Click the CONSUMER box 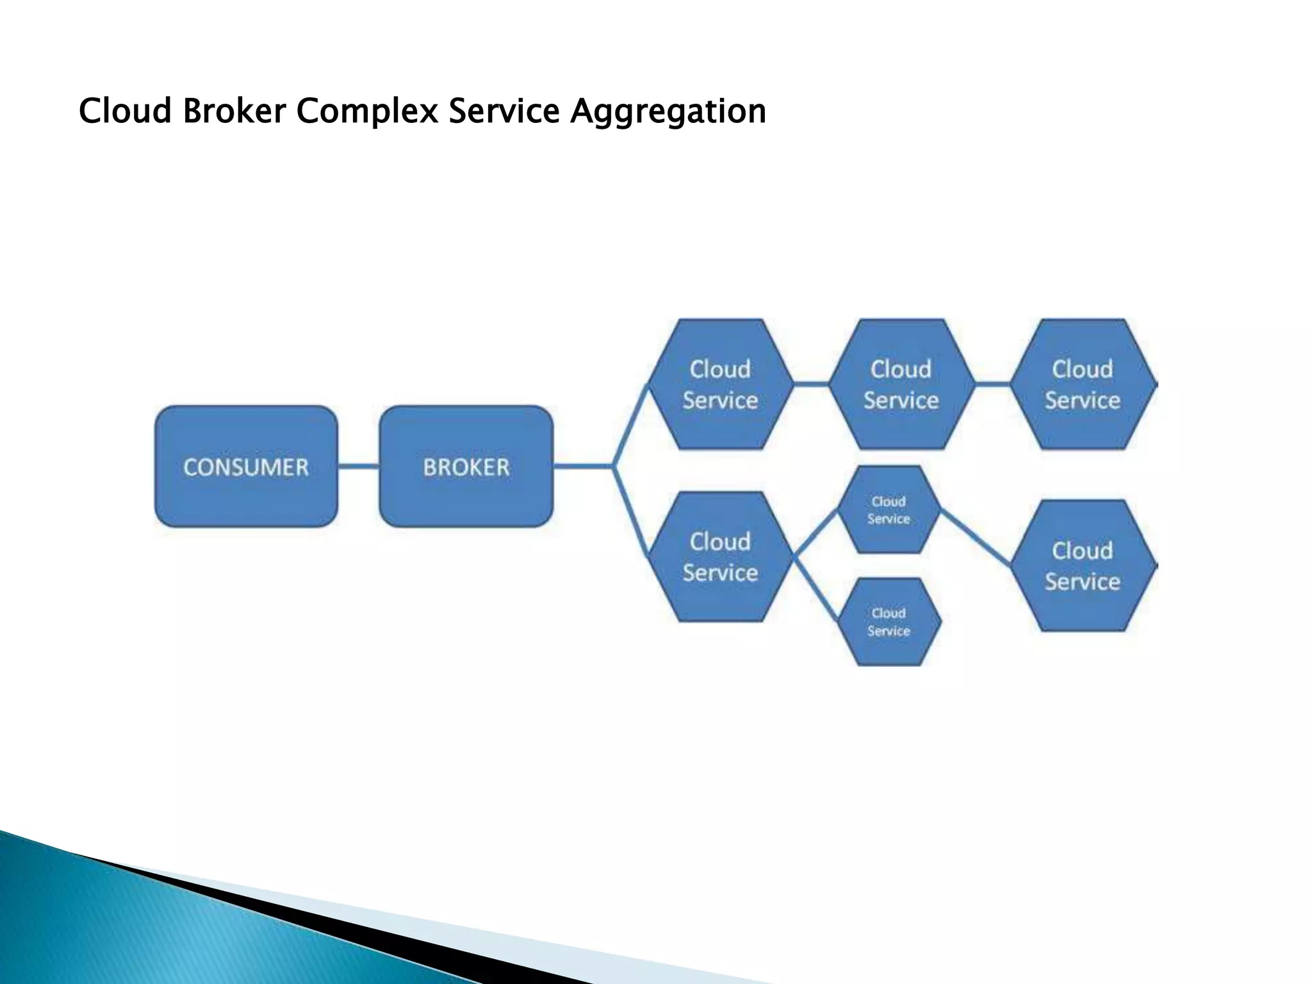246,466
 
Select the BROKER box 466,466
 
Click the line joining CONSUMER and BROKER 358,466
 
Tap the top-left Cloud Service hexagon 720,384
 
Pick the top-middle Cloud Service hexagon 901,384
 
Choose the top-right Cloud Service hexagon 1083,384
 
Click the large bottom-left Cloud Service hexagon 720,557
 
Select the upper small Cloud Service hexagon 889,510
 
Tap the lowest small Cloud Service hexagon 889,621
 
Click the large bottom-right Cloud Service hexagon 1083,566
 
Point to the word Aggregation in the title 668,111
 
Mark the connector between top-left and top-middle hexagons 811,384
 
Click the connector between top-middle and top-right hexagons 992,384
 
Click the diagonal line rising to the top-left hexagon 631,424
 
